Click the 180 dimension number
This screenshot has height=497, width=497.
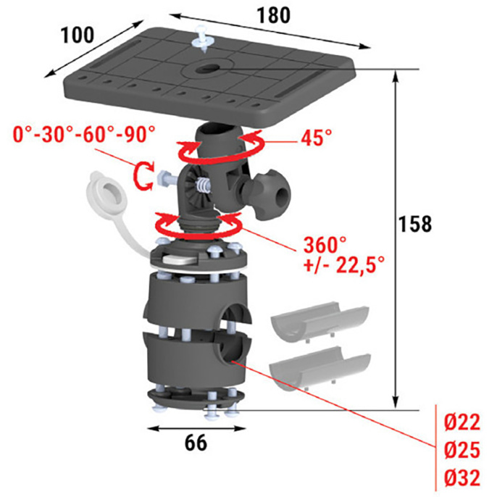(x=273, y=15)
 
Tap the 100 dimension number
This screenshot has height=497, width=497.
(x=78, y=35)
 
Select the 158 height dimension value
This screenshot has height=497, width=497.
(x=414, y=224)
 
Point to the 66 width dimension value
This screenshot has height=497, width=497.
(x=196, y=443)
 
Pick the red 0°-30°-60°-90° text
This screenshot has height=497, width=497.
(x=84, y=134)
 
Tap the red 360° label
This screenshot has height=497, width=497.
(x=325, y=244)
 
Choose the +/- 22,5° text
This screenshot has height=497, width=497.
(x=344, y=264)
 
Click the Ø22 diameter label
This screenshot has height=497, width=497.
(x=461, y=422)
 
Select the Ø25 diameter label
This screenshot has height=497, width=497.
(x=461, y=450)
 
